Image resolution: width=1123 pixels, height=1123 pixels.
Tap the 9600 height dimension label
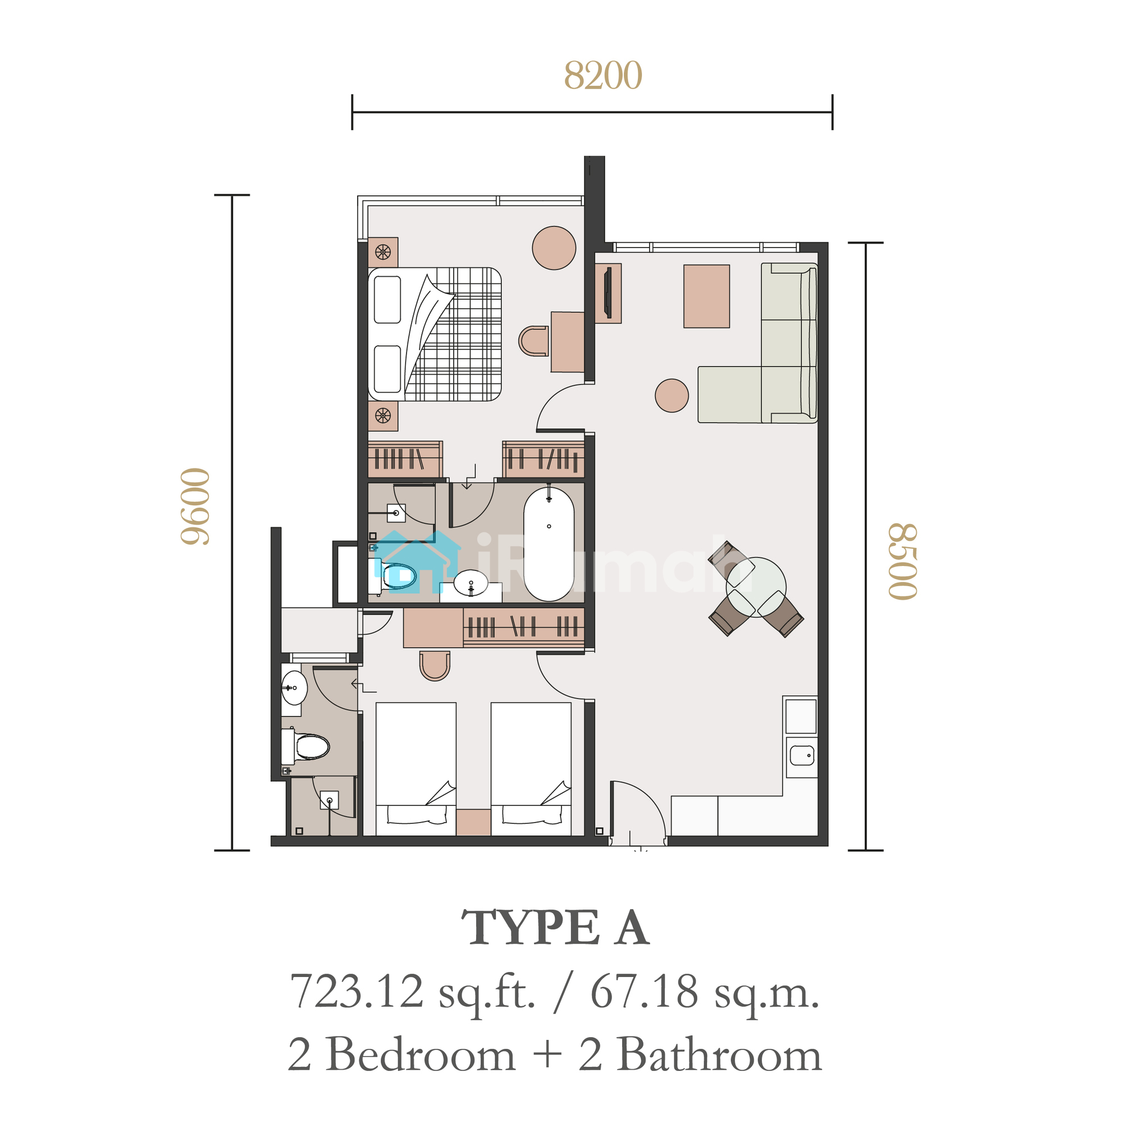pos(195,506)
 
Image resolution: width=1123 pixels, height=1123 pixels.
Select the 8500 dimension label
pos(903,561)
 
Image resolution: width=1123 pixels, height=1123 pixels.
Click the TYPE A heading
pos(555,927)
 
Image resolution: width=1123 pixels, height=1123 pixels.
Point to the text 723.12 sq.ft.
pos(413,992)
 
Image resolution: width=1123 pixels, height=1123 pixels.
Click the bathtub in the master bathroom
pos(549,544)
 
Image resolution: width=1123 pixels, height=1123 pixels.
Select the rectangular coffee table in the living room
pos(706,296)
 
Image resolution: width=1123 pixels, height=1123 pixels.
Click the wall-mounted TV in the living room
pos(608,293)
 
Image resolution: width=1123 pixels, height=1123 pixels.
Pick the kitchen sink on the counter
pos(802,756)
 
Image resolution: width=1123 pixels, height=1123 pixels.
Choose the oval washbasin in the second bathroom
pos(294,688)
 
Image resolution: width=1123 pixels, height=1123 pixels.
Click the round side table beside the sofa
pos(672,395)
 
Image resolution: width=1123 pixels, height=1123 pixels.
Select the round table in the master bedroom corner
pos(554,248)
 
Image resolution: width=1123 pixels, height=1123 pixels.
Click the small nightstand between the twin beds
pos(473,822)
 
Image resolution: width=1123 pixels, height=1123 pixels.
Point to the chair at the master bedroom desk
pos(533,341)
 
